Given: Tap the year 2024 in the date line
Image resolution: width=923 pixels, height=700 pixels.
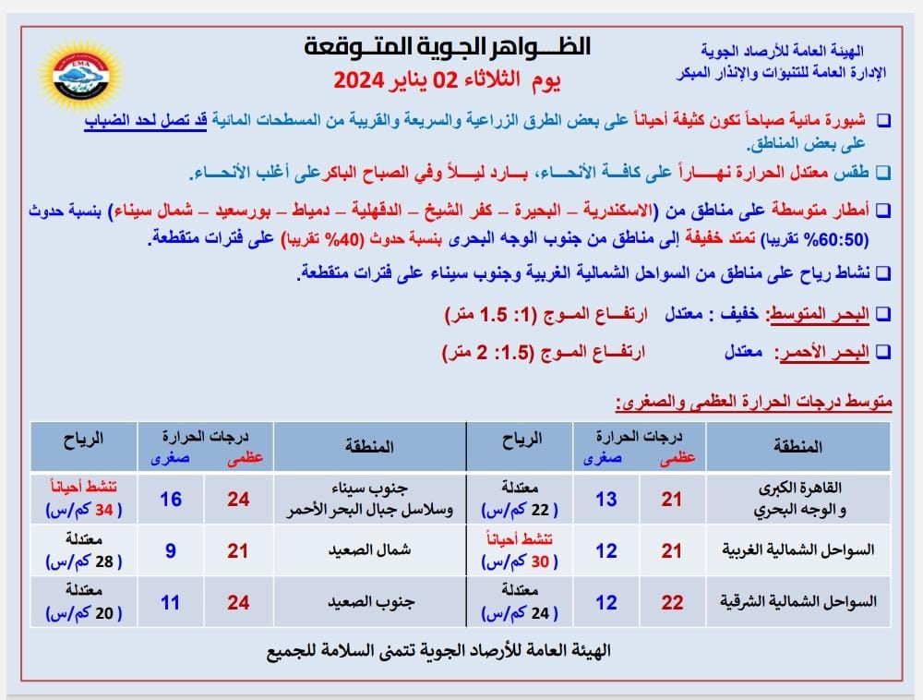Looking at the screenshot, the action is pos(364,80).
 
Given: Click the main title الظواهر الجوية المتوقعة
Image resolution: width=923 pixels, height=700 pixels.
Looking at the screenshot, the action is pos(447,46).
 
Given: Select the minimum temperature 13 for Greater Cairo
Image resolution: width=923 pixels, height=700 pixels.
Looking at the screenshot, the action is pos(606,500).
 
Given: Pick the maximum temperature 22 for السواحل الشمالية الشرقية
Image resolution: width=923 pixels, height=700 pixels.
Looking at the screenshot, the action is pos(672,602).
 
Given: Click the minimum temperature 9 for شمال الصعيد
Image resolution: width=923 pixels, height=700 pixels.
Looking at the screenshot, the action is pos(170,550).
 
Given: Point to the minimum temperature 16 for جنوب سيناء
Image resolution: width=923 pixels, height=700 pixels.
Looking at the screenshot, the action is pos(170,500).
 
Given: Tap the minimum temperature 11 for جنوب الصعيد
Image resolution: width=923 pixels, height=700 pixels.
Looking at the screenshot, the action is pos(170,602).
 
